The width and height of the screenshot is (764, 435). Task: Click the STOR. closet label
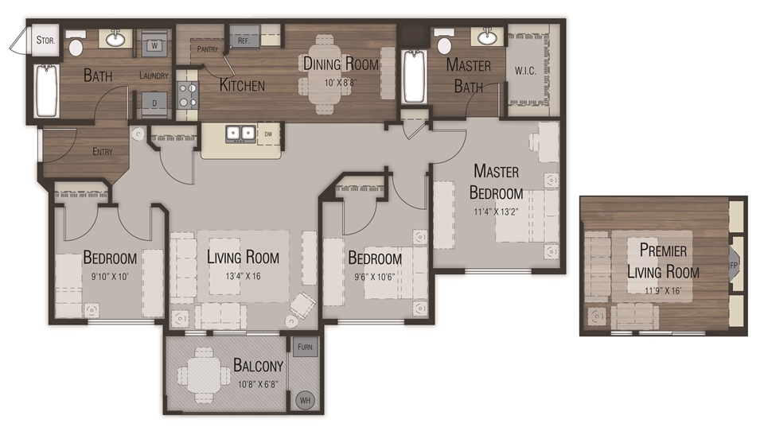[x=44, y=39]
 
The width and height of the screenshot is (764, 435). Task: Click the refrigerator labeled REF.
[x=244, y=39]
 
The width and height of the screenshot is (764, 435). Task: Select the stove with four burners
[x=187, y=95]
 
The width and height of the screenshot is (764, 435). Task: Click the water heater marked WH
[x=305, y=401]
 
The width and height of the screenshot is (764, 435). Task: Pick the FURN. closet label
[x=304, y=348]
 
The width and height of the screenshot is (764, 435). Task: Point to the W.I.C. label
[x=525, y=71]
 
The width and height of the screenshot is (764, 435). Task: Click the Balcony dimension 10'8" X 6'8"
[x=259, y=385]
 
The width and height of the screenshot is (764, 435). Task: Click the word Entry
[x=102, y=152]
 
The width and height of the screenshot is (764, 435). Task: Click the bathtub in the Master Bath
[x=415, y=77]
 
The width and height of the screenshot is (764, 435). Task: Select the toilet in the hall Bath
[x=76, y=45]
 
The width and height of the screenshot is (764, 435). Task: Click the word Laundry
[x=153, y=76]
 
